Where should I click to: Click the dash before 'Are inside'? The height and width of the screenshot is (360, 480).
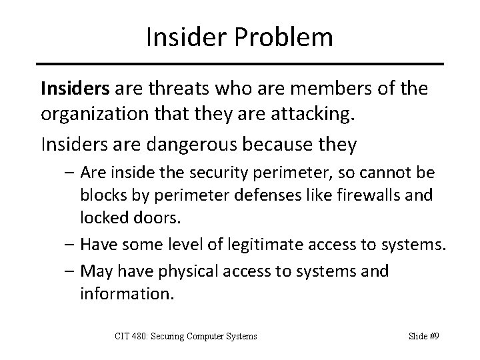pyautogui.click(x=69, y=174)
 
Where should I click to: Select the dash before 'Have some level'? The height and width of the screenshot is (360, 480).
pyautogui.click(x=69, y=245)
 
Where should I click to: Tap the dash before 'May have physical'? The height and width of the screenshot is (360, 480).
pyautogui.click(x=69, y=272)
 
